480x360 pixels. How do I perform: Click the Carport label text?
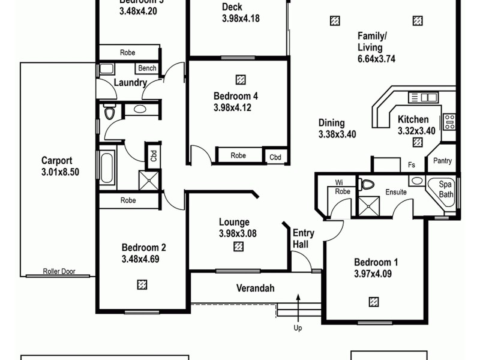(57, 161)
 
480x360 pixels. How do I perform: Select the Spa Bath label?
(446, 190)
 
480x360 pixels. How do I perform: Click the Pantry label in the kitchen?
(442, 161)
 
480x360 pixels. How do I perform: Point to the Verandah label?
(254, 289)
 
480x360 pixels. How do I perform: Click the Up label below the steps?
(298, 328)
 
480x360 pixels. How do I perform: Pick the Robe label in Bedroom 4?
(238, 156)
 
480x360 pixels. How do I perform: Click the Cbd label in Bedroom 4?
(275, 157)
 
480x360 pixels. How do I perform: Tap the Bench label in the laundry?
(147, 68)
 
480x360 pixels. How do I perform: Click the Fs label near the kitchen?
(412, 164)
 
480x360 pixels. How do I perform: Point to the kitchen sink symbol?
(422, 97)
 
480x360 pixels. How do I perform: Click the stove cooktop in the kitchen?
(449, 122)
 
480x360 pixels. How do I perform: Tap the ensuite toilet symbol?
(367, 184)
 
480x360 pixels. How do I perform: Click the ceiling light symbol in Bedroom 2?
(142, 284)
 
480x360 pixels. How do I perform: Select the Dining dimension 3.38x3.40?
(337, 129)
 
